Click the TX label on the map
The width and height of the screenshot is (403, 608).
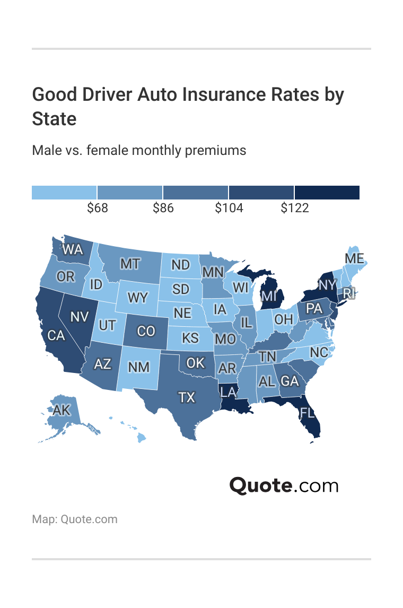coord(186,397)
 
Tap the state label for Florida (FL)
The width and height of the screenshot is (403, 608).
coord(307,412)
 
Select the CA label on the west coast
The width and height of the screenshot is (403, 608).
coord(56,335)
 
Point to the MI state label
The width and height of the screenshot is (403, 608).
coord(269,296)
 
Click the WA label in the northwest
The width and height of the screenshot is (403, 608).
coord(73,249)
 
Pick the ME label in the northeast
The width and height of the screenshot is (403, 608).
coord(354,258)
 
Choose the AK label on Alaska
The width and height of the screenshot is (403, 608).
coord(62,410)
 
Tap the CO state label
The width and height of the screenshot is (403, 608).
coord(146,331)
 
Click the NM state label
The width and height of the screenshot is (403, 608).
coord(139,367)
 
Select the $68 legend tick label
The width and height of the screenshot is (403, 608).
coord(98,208)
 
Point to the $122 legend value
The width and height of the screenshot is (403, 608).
coord(295,208)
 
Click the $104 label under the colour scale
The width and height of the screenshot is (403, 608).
coord(229,208)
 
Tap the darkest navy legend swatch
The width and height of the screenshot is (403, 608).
coord(327,193)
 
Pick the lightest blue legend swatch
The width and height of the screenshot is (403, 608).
coord(64,193)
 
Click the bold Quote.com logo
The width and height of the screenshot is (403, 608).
coord(284,485)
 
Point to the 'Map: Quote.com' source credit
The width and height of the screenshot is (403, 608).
coord(75,519)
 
